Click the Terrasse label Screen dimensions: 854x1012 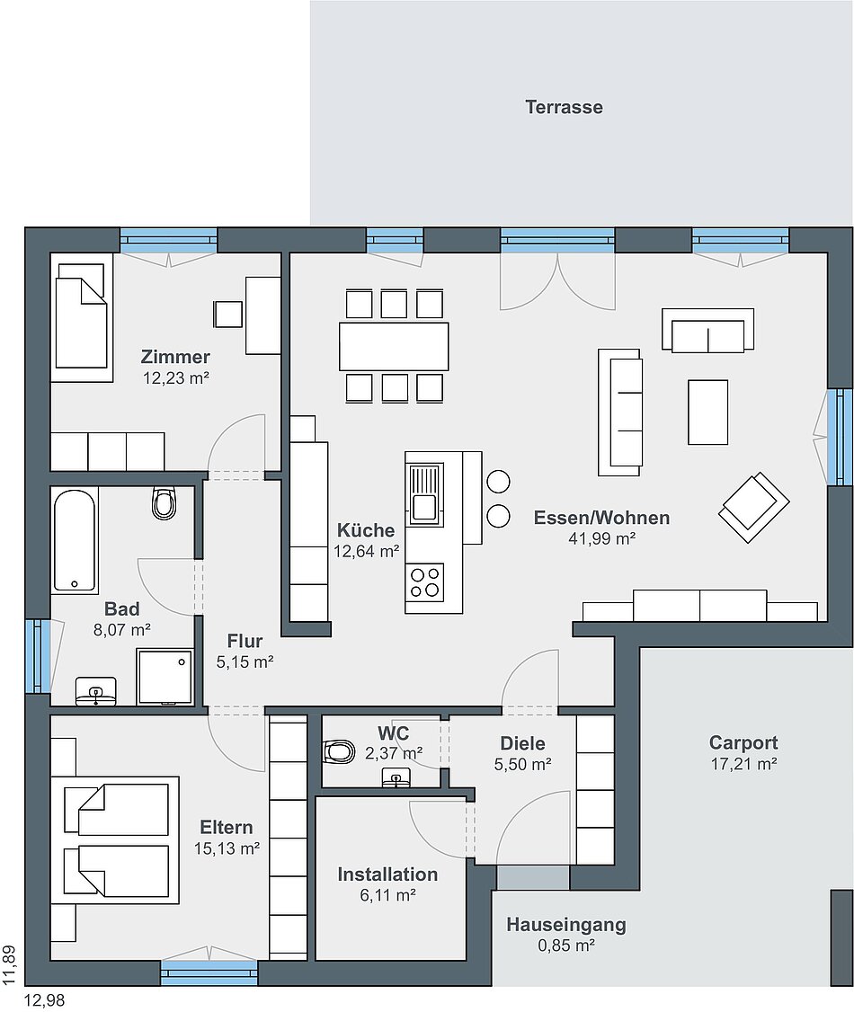pos(564,107)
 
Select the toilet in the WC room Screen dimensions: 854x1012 pos(340,750)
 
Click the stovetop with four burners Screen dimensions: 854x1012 pos(424,582)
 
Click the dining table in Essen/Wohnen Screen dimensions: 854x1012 pos(394,347)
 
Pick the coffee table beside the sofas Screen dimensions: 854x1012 pos(707,412)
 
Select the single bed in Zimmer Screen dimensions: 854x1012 pos(81,315)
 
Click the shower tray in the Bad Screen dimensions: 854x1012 pos(165,677)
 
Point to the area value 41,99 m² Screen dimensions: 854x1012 pos(601,538)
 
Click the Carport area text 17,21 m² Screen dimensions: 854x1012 pos(743,764)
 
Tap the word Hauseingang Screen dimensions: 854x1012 pos(566,925)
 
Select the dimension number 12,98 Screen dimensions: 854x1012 pos(45,1000)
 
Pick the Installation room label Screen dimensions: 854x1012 pos(387,874)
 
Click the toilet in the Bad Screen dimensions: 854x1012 pos(164,502)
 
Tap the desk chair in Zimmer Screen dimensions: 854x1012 pos(228,315)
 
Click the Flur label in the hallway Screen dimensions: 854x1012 pos(245,642)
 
